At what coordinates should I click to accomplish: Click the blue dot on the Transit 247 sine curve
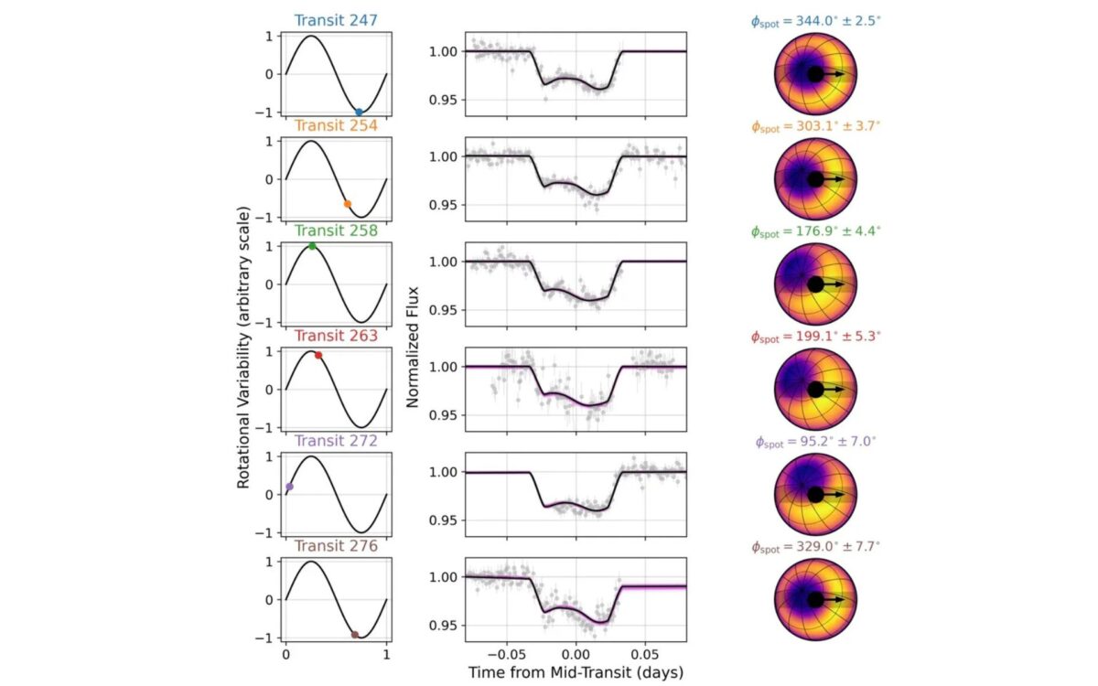pos(359,112)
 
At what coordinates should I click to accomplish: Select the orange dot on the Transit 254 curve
pos(347,204)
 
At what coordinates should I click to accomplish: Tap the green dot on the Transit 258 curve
pos(312,246)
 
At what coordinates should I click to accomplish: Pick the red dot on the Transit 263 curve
pos(318,355)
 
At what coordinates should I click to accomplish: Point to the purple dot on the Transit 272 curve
pos(289,488)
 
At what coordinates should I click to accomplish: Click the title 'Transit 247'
pos(336,20)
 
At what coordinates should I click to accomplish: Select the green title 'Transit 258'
pos(336,230)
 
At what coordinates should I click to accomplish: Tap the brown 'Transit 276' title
pos(336,546)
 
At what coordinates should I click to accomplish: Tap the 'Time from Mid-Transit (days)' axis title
pos(576,670)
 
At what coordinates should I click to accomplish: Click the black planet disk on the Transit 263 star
pos(815,390)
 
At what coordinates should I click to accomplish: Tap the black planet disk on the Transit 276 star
pos(815,600)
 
